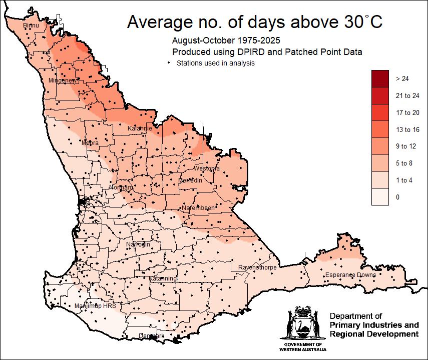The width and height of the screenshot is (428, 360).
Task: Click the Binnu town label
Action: pos(31,25)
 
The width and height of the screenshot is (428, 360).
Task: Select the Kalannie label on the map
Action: pos(140,128)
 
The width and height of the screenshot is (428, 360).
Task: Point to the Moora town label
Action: pos(90,143)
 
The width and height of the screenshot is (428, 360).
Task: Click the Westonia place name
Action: pos(206,168)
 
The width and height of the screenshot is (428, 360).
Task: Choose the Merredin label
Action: pos(190,180)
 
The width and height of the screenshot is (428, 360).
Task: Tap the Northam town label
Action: pos(121,187)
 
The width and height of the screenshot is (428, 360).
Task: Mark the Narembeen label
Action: pos(198,207)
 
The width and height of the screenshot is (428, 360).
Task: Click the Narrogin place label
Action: pos(138,244)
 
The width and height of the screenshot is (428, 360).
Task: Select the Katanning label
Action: pos(163,278)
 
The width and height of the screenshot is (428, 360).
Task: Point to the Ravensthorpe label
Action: pos(258,267)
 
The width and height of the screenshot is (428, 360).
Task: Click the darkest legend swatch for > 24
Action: pos(380,78)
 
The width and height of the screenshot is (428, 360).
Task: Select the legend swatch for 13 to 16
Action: pos(380,129)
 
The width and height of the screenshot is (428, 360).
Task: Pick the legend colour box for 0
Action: pos(380,197)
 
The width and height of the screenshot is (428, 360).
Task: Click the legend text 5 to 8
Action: pos(404,163)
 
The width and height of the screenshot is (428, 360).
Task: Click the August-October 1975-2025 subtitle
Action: pos(226,40)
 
